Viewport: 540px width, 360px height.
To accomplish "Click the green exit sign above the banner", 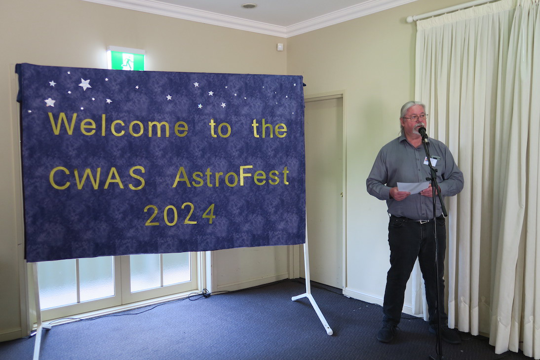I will pos(126,59).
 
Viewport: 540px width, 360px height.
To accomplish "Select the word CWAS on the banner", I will pos(97,178).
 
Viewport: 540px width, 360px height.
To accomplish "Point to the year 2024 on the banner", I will pos(180,215).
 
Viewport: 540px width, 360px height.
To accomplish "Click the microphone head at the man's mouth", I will pos(422,131).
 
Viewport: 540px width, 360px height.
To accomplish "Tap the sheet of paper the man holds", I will pos(413,187).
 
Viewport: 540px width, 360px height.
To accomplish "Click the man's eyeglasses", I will pos(415,117).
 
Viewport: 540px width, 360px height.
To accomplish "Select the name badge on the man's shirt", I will pos(430,161).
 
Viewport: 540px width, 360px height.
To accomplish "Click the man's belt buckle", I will pos(421,221).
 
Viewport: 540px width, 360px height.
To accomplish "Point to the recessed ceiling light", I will pos(249,5).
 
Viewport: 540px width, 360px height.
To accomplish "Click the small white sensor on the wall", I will pos(280,47).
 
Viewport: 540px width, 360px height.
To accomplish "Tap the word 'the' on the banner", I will pos(269,129).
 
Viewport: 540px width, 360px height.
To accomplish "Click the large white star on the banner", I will pos(85,84).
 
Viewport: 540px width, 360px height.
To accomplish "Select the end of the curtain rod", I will pos(409,19).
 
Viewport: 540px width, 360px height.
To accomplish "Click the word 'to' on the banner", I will pos(220,129).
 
